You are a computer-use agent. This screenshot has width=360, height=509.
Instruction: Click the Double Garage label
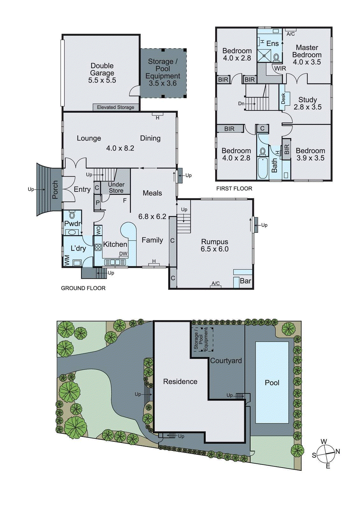[x=102, y=69]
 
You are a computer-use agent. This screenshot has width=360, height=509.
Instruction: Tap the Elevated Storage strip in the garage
[x=116, y=108]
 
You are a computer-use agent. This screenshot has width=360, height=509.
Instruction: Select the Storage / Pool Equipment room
[x=163, y=73]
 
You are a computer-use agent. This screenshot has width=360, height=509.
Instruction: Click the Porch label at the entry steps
[x=55, y=190]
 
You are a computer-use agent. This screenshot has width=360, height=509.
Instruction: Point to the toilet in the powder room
[x=72, y=215]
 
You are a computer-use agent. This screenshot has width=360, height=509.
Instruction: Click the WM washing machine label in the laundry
[x=67, y=260]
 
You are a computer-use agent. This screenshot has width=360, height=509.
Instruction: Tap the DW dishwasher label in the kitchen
[x=123, y=254]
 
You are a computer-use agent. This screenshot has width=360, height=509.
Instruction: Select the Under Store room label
[x=116, y=188]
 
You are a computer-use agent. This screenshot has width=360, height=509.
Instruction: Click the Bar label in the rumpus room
[x=245, y=281]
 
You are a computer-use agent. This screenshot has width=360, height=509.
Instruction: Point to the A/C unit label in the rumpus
[x=215, y=283]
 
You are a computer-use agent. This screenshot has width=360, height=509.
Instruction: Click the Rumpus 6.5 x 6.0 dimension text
[x=215, y=249]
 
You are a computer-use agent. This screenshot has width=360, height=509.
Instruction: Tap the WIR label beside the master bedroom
[x=280, y=68]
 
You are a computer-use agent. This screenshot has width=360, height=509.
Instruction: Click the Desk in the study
[x=283, y=98]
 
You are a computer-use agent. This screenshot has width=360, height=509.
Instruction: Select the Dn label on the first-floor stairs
[x=241, y=104]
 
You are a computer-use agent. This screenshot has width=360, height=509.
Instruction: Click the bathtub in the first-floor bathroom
[x=263, y=168]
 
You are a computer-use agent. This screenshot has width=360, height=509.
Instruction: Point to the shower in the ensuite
[x=264, y=56]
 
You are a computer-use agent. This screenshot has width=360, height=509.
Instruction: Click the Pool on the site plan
[x=272, y=383]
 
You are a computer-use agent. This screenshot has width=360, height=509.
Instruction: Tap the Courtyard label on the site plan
[x=226, y=361]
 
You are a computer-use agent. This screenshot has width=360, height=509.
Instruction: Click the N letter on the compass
[x=338, y=451]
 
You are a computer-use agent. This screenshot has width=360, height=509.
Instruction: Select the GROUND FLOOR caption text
[x=83, y=288]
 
